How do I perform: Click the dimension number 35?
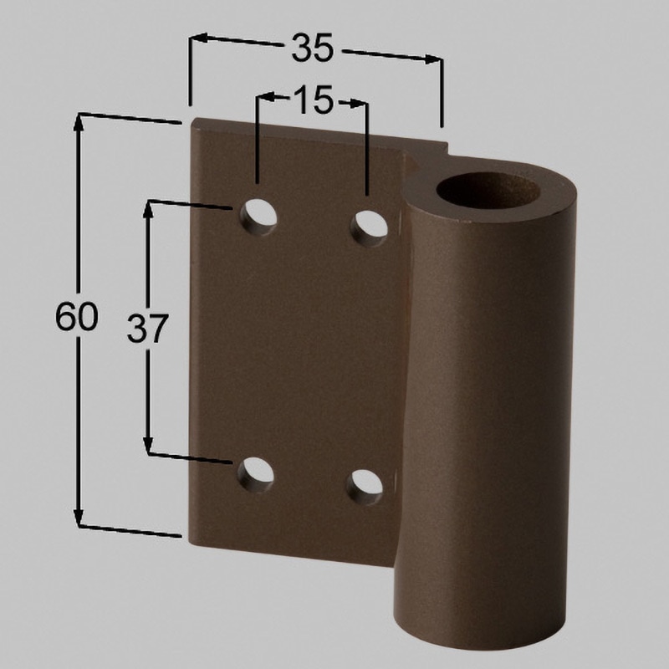[312, 48]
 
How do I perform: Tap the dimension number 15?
[313, 100]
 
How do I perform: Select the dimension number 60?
[77, 317]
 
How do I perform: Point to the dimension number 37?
[148, 328]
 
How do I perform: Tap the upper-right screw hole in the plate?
[369, 228]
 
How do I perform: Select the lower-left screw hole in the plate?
[256, 475]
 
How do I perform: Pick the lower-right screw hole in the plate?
[365, 488]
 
